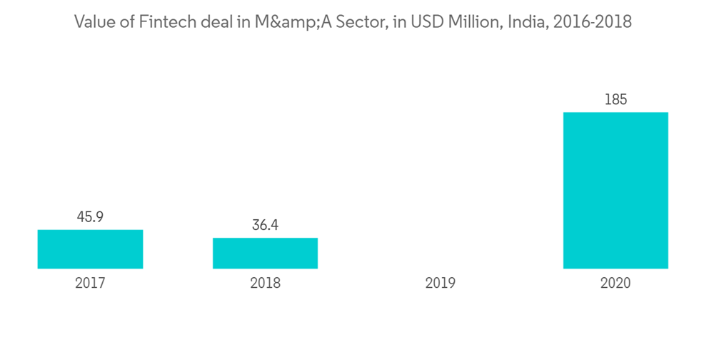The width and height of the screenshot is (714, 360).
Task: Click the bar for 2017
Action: click(90, 249)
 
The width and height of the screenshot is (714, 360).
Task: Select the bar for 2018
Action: click(265, 253)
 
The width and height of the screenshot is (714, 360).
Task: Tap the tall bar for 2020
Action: click(615, 190)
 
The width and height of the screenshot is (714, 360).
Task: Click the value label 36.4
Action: click(265, 225)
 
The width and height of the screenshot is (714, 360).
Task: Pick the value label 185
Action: click(615, 100)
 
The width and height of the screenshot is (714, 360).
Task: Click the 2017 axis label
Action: click(90, 283)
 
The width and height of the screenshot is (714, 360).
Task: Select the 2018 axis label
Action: click(265, 283)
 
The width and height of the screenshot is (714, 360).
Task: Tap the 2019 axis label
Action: click(440, 283)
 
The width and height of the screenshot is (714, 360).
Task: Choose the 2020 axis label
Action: click(615, 283)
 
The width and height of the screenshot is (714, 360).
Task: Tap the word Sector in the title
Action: click(351, 22)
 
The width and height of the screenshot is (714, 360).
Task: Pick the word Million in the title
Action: click(465, 22)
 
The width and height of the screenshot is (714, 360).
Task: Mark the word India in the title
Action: click(521, 22)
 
